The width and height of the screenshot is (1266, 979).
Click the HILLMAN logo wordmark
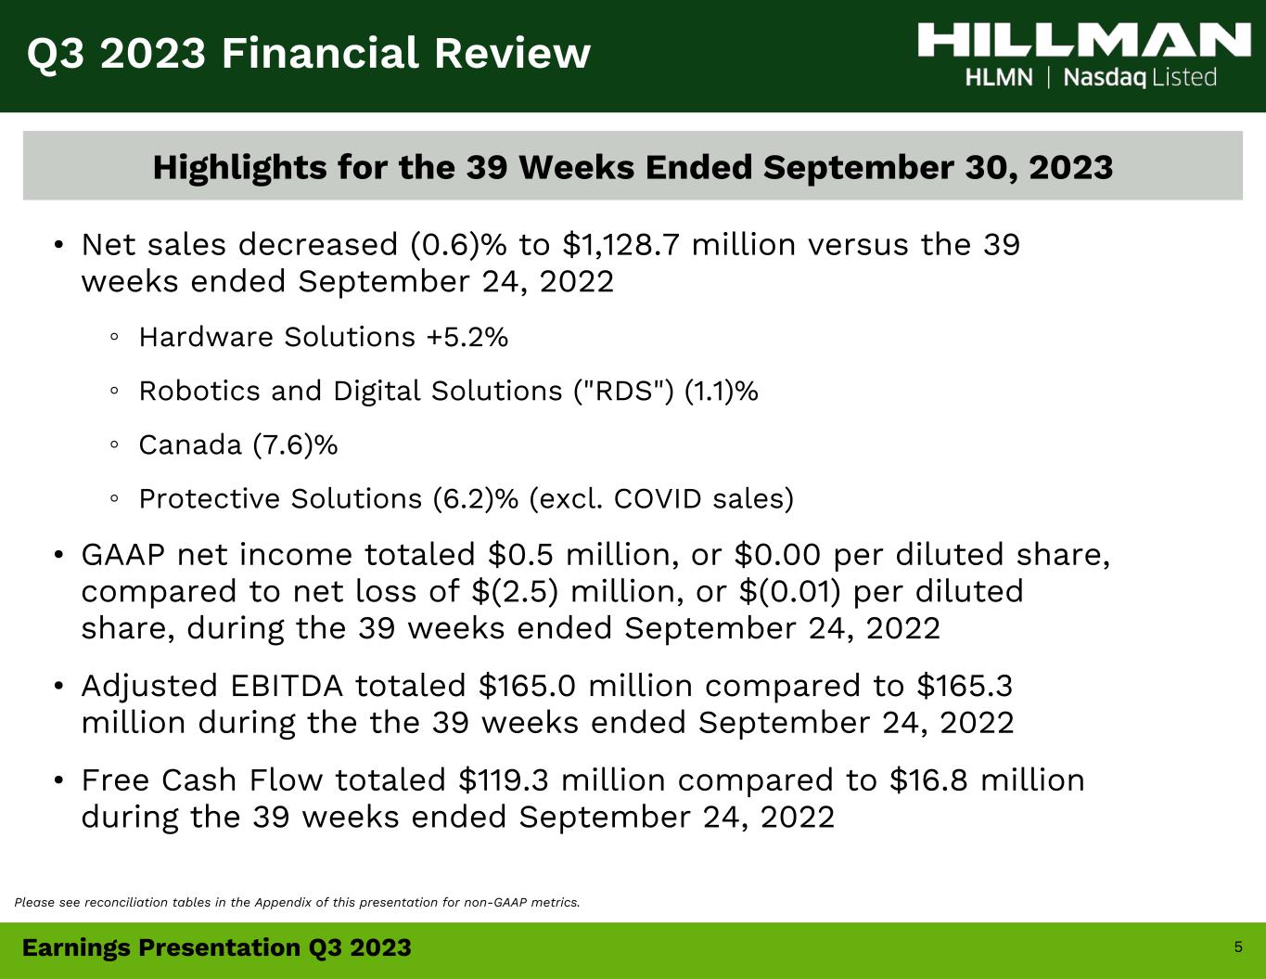[1084, 40]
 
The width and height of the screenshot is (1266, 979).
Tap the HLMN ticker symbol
[999, 78]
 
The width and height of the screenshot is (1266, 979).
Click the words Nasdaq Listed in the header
[1140, 78]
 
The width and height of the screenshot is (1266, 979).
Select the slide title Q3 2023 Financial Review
[309, 53]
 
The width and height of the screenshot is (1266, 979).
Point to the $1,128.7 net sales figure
[620, 245]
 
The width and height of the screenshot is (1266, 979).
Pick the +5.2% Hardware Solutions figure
[467, 338]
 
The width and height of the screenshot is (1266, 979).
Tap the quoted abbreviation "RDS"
[623, 391]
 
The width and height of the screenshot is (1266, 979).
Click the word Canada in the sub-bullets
[190, 445]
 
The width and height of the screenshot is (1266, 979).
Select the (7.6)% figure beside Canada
[295, 445]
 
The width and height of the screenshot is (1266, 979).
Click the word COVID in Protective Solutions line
[658, 499]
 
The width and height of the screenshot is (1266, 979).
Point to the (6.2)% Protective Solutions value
[476, 499]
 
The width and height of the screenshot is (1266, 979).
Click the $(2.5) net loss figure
[515, 591]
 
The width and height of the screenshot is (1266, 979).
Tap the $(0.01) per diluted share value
[789, 591]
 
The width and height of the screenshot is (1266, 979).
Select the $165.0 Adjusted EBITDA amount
[527, 686]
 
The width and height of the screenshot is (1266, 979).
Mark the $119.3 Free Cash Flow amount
[504, 780]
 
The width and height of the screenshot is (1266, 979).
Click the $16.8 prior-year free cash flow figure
[928, 780]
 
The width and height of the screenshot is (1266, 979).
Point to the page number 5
[1238, 947]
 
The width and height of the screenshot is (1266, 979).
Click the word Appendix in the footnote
[283, 903]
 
